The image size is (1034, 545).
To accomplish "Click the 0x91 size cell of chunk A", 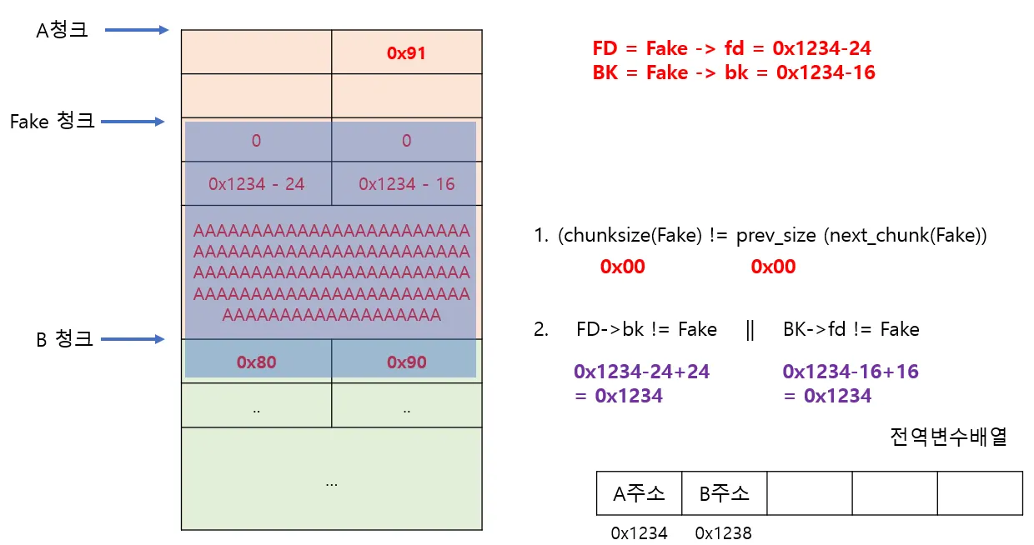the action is point(406,52).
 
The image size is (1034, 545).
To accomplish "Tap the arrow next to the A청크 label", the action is point(138,30).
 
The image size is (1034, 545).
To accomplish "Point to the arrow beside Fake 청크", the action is point(133,122).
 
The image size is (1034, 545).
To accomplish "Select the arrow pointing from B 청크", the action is point(133,339).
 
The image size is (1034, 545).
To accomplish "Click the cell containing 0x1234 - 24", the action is point(256,183).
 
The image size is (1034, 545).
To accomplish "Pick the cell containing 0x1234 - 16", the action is point(406,183).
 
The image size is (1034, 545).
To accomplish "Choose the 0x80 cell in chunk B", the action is point(256,362).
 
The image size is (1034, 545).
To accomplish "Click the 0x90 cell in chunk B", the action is point(406,362).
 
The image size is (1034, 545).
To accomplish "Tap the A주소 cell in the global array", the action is point(639,493).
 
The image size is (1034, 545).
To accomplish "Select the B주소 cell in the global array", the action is point(724,493).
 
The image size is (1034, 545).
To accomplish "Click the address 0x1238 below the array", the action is point(724,533).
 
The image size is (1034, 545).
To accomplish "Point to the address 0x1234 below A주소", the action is point(639,533).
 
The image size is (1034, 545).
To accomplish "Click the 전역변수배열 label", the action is point(948,437).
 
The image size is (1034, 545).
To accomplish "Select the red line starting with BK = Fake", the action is point(734,72).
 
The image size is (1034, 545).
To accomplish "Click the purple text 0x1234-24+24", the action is point(642,372).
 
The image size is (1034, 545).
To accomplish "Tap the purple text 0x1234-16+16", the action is point(851,372).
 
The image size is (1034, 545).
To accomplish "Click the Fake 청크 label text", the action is point(52,122).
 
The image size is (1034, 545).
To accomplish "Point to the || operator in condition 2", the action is point(750,330).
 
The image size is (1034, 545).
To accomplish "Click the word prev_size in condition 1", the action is point(775,236).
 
